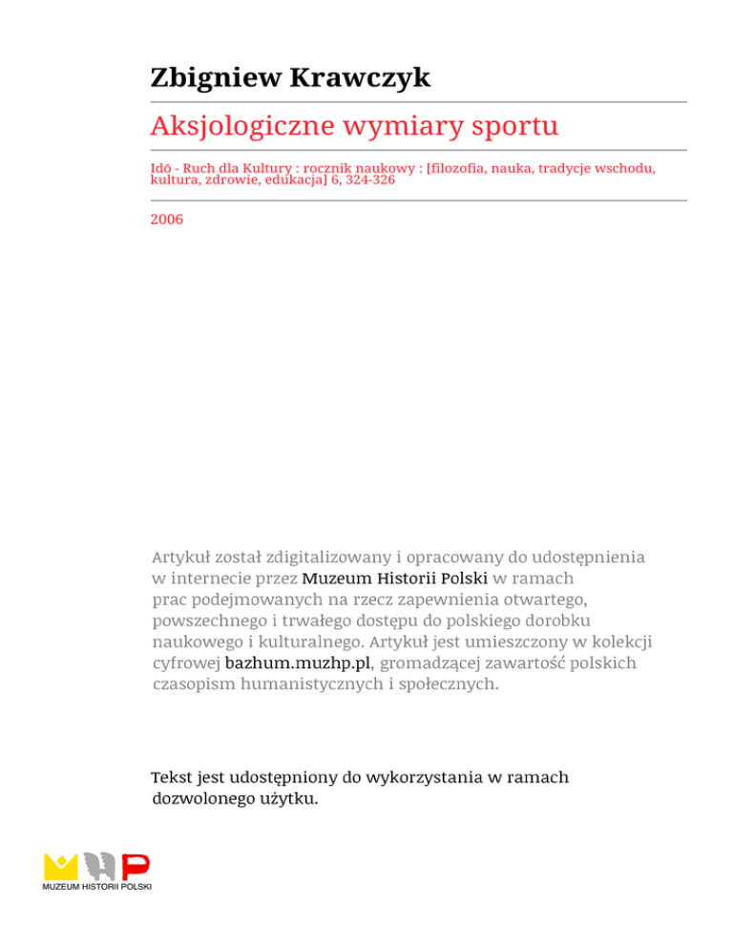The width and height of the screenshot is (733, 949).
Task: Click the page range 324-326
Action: [x=363, y=179]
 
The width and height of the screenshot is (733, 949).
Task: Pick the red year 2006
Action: [x=167, y=219]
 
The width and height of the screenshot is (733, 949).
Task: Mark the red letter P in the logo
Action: [x=136, y=866]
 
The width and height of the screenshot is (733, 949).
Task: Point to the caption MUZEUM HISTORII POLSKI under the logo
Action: [x=97, y=888]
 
